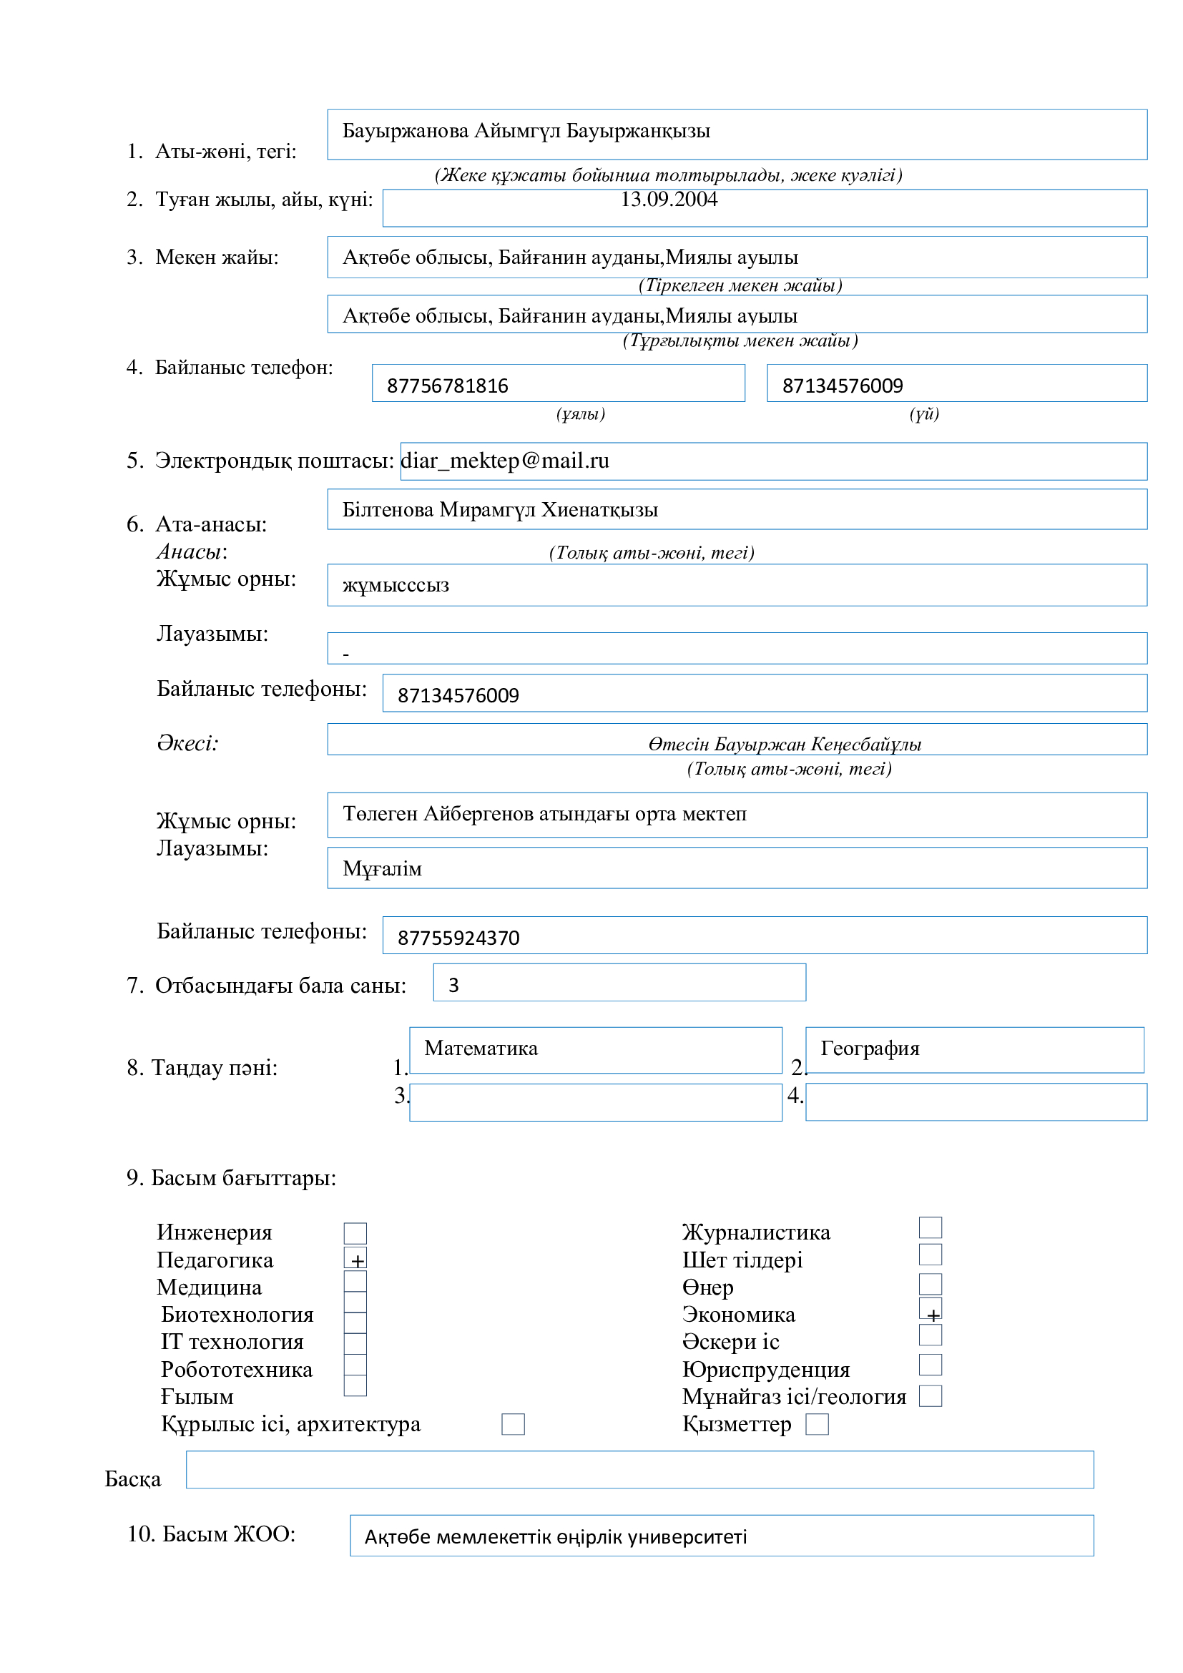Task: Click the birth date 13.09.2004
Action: pyautogui.click(x=669, y=200)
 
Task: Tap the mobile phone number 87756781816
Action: pyautogui.click(x=447, y=386)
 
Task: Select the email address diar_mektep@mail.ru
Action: pyautogui.click(x=506, y=461)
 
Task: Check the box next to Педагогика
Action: pyautogui.click(x=355, y=1258)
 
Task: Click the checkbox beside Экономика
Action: pyautogui.click(x=931, y=1309)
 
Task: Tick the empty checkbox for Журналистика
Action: pyautogui.click(x=931, y=1228)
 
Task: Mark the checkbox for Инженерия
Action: pyautogui.click(x=355, y=1234)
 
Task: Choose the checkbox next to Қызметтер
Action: pyautogui.click(x=818, y=1425)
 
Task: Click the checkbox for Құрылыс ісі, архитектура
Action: pyautogui.click(x=514, y=1425)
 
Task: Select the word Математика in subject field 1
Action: pyautogui.click(x=481, y=1049)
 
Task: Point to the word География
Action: pyautogui.click(x=870, y=1049)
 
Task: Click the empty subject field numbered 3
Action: pyautogui.click(x=595, y=1102)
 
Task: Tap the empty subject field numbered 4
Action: pyautogui.click(x=976, y=1102)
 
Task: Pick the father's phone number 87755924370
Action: pyautogui.click(x=458, y=938)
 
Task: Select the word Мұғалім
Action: pyautogui.click(x=383, y=869)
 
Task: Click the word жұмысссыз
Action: pyautogui.click(x=396, y=586)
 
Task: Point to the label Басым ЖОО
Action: pyautogui.click(x=211, y=1534)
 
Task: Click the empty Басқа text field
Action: pyautogui.click(x=639, y=1470)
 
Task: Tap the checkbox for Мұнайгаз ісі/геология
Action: pyautogui.click(x=931, y=1397)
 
